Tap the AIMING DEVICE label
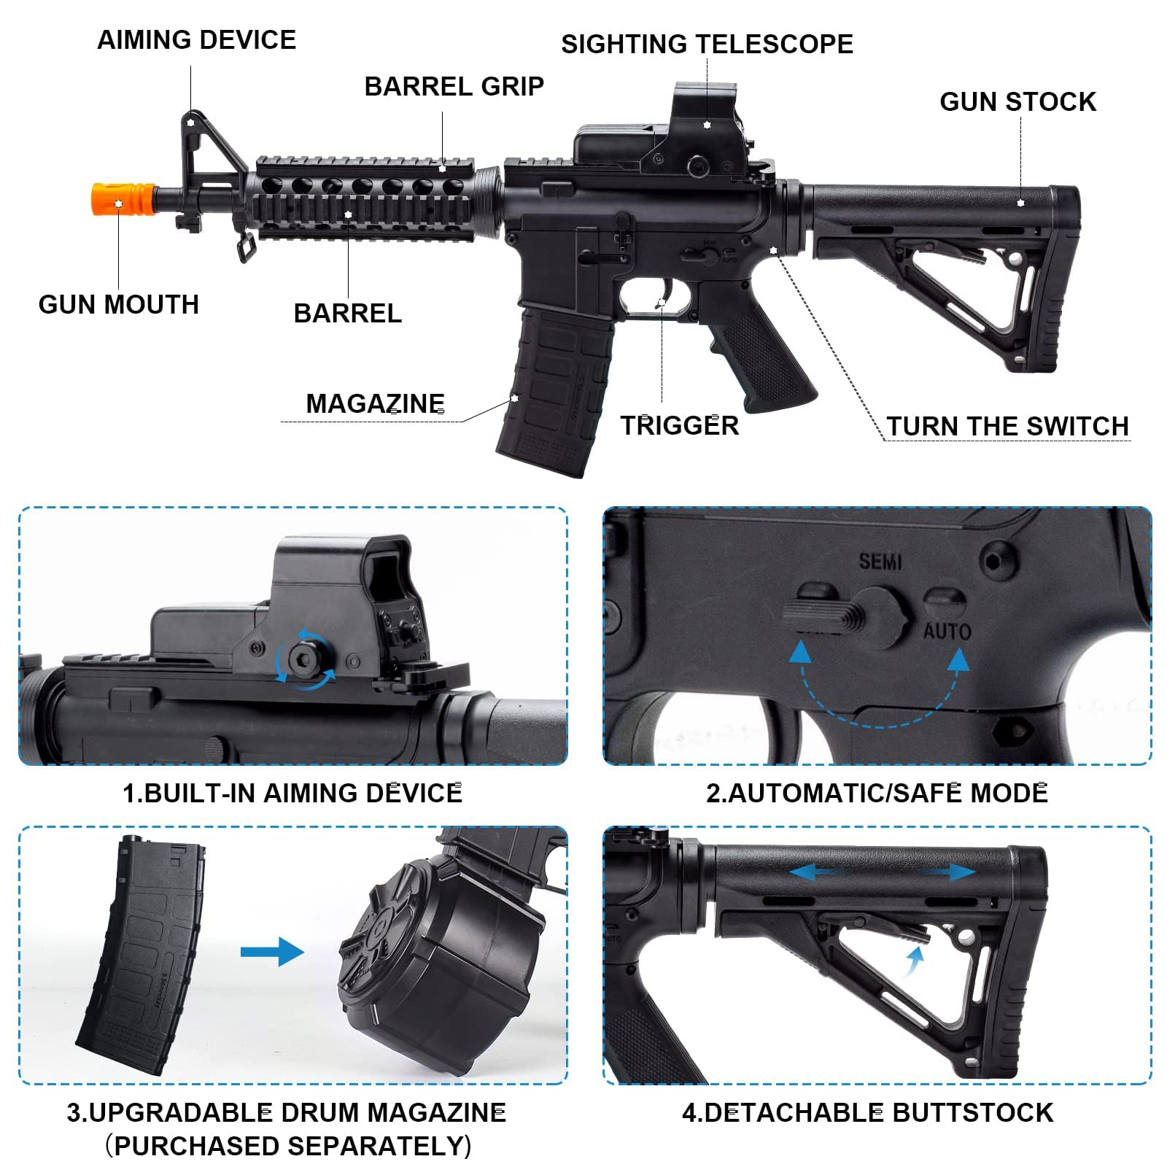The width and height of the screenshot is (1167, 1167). pos(197,40)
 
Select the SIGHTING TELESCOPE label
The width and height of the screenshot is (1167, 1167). pos(706,44)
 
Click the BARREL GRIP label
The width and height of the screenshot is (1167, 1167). pos(454,87)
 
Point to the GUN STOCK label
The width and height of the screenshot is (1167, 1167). pos(1017,102)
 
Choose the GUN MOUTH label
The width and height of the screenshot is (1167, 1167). pos(119,305)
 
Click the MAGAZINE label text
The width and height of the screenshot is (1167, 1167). pos(375,404)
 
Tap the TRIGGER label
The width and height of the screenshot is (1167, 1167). pos(679,426)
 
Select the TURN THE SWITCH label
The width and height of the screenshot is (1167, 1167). pos(1007,427)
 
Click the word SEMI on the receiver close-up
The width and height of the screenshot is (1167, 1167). pos(880,562)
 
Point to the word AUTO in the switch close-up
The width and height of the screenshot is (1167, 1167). pos(947,632)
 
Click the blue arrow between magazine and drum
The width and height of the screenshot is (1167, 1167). pos(271,952)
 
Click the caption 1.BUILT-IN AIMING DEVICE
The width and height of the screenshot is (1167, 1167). pos(292,794)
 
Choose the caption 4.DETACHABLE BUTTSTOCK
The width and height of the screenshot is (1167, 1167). pos(867,1113)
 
